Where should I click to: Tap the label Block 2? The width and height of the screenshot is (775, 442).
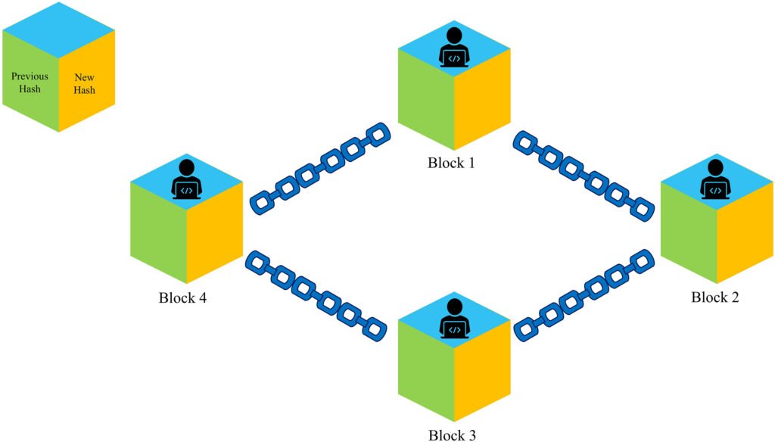(715, 297)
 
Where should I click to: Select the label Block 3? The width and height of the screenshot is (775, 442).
(453, 434)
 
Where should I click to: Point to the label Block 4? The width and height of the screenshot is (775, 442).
(183, 297)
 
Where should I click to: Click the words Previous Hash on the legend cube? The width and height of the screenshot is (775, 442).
(30, 82)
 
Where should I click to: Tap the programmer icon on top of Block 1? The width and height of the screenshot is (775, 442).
(453, 47)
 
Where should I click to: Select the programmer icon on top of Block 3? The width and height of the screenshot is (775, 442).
(453, 318)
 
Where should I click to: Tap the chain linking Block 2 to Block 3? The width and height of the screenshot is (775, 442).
(584, 295)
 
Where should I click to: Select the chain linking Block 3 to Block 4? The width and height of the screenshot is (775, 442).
(316, 294)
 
